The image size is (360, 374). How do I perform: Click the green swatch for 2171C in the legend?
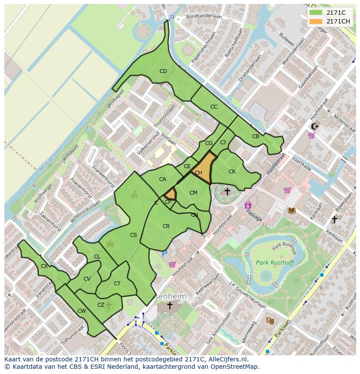(x=316, y=13)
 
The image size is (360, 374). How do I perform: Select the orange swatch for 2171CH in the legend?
(x=316, y=21)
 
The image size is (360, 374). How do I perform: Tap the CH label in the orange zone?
(x=198, y=173)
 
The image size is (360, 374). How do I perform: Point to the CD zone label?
(x=163, y=71)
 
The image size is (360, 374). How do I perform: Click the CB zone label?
(x=256, y=136)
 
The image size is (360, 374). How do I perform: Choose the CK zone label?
(x=232, y=172)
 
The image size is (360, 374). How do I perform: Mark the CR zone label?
(x=166, y=226)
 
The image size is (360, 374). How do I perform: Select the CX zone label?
(x=44, y=266)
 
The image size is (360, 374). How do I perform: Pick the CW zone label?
(x=81, y=311)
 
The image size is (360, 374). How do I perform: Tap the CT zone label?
(x=117, y=284)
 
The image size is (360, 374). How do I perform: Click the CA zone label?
(x=163, y=179)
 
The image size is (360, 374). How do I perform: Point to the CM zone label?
(x=193, y=193)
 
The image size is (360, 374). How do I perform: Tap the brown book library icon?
(x=292, y=210)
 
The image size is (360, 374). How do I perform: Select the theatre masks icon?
(x=270, y=321)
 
